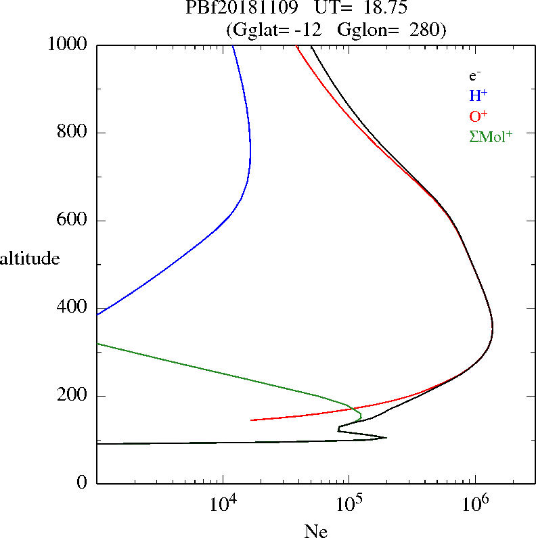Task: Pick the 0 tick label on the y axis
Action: point(83,483)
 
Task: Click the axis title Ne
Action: point(315,532)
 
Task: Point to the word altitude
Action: point(30,259)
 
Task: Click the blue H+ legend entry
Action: point(478,95)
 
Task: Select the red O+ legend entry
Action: point(478,116)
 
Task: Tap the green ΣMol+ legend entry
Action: point(491,136)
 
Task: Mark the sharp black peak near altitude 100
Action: point(386,438)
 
